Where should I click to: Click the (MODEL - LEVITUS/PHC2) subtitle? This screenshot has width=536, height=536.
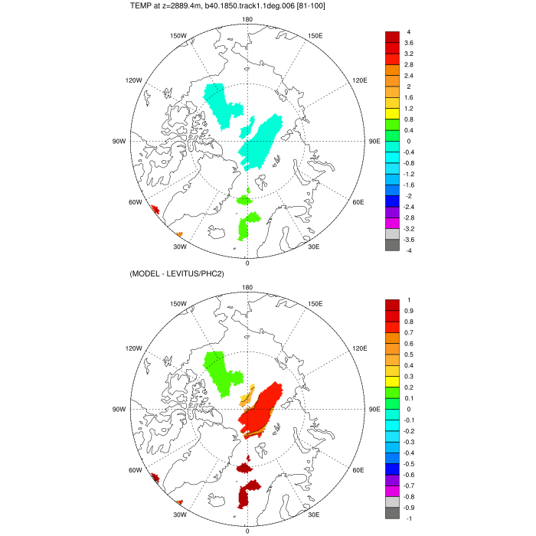point(181,274)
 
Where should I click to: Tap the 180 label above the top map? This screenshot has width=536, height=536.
point(247,20)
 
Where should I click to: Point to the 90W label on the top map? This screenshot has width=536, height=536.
point(119,142)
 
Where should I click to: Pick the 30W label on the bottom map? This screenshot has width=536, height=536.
point(179,514)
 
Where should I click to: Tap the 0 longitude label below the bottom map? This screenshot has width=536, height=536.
point(247,531)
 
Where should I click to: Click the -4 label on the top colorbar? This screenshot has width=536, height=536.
point(409,250)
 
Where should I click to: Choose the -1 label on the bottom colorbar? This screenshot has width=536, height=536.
point(409,518)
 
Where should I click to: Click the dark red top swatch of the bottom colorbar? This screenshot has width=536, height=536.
point(391,305)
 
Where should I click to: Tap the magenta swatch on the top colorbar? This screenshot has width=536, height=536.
point(391,223)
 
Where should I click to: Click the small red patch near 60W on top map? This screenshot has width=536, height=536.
point(155,209)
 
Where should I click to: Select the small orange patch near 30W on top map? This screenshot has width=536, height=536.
point(179,234)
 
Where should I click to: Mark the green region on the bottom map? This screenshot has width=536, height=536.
point(221,371)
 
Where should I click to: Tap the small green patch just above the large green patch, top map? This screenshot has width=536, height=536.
point(244,200)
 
